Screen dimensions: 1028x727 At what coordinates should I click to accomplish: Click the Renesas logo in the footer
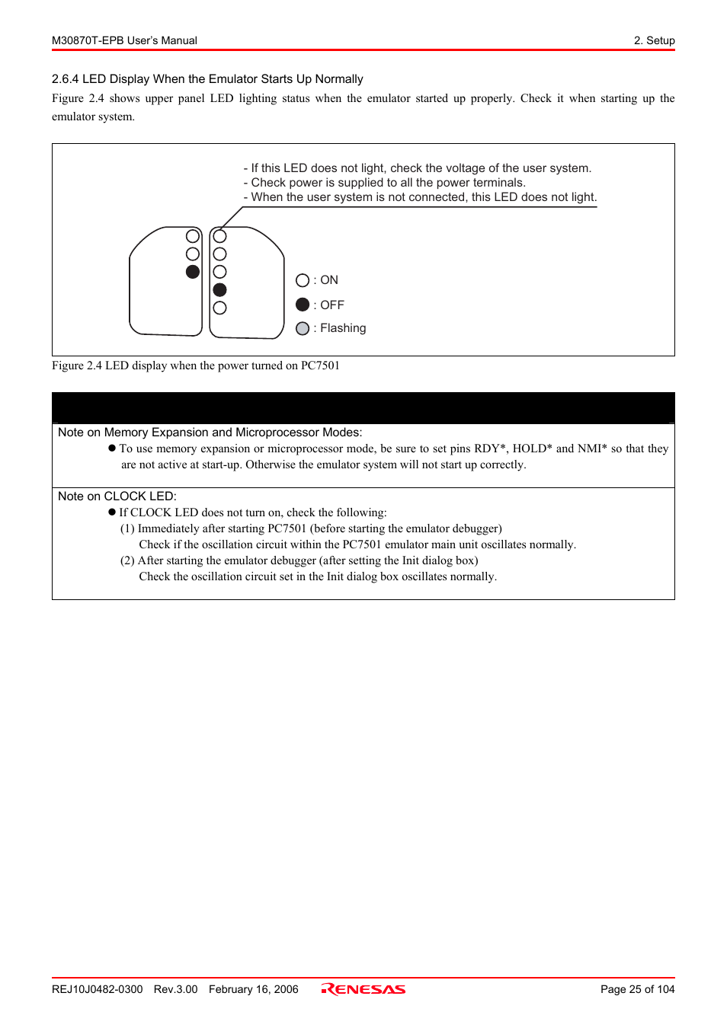[363, 989]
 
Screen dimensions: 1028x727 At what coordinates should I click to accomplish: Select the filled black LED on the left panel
[193, 272]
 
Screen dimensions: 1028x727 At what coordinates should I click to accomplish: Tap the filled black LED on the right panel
[220, 289]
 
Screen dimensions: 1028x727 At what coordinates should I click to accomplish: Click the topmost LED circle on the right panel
[220, 236]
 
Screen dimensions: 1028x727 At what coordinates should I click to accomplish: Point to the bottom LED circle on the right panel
[220, 308]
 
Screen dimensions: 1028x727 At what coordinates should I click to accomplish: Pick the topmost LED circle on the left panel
[193, 236]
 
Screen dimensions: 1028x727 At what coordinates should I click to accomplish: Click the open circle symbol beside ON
[303, 280]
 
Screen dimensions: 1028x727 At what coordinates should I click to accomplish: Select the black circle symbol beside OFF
[303, 305]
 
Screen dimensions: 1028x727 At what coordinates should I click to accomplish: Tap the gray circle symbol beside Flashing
[303, 328]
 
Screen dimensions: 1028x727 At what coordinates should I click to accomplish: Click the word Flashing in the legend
[343, 328]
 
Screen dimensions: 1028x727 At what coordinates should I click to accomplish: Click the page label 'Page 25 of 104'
[637, 989]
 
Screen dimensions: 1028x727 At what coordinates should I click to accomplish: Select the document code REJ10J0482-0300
[97, 989]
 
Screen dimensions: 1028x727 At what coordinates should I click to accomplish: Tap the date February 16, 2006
[253, 989]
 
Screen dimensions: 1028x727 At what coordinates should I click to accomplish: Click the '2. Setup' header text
[654, 40]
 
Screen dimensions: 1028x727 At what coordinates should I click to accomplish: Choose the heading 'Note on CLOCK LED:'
[117, 496]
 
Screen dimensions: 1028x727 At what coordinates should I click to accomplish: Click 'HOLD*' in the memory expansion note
[532, 449]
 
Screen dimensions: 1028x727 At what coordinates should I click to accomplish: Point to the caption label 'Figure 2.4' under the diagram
[76, 366]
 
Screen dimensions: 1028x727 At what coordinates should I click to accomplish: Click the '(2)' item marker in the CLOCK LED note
[127, 560]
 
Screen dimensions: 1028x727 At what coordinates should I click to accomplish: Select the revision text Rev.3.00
[175, 989]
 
